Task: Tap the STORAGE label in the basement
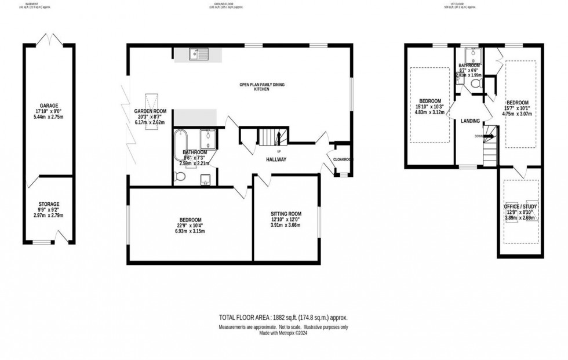coord(49,204)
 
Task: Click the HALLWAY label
coord(276,159)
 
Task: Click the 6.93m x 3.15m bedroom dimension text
coord(190,231)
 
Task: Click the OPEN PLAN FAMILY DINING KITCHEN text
coord(262,88)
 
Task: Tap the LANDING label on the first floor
coord(470,121)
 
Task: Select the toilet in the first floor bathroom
coord(476,85)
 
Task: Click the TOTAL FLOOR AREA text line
coord(283,318)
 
